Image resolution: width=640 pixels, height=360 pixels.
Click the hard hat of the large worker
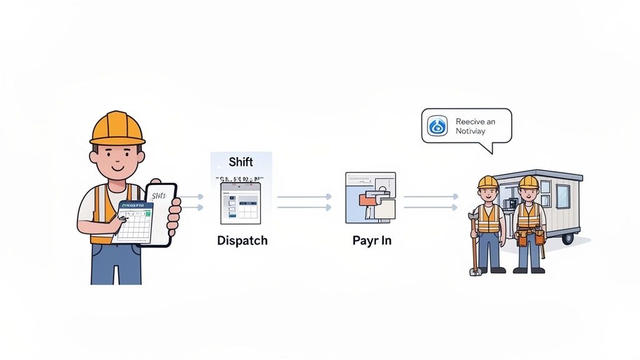(117, 128)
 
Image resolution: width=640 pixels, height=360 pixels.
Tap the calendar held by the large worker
(132, 222)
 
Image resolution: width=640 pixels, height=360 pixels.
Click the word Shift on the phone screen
(159, 196)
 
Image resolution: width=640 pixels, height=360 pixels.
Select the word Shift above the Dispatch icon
(241, 162)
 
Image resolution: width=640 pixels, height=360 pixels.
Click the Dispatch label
(242, 241)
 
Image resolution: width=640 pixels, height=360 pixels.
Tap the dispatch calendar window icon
(241, 203)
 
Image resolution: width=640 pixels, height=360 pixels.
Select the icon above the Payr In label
(370, 197)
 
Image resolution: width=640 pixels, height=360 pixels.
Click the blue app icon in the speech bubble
(437, 126)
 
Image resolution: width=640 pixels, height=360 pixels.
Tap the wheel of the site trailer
(567, 238)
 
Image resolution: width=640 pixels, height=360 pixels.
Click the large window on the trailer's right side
(562, 196)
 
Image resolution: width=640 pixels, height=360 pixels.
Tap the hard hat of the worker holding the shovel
(487, 182)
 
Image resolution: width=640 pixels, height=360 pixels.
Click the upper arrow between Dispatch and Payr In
(304, 196)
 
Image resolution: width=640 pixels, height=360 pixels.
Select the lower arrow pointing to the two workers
(431, 207)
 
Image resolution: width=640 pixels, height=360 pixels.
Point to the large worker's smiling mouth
(117, 167)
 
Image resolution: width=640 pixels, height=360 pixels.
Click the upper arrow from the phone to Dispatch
(192, 196)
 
